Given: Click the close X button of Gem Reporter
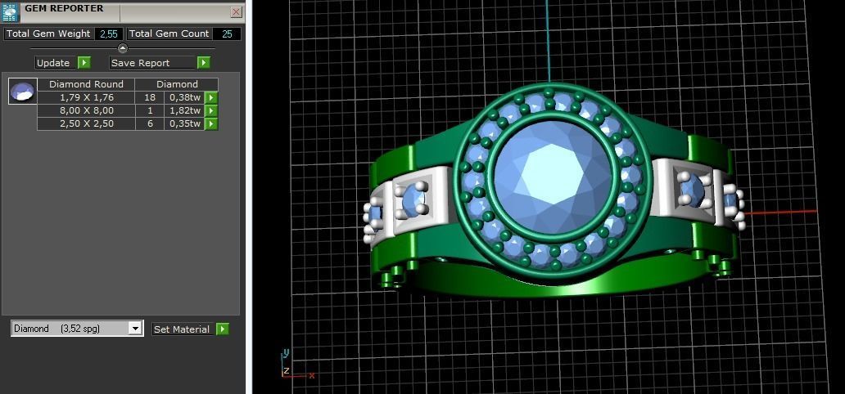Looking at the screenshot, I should [236, 12].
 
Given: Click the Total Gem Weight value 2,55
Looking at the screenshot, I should [109, 34].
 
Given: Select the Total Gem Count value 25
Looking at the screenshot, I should [227, 34].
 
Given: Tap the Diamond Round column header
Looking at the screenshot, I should [86, 84].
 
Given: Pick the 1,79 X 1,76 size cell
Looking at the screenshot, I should [86, 97].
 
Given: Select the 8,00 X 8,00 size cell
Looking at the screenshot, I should [86, 110].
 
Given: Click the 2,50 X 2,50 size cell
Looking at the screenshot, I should [86, 123].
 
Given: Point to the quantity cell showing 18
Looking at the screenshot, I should [150, 97].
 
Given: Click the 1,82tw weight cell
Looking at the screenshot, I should [185, 110].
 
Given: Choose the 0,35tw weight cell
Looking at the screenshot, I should [185, 123].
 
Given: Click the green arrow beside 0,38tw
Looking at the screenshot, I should [211, 97].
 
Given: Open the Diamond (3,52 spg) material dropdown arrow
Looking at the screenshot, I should [135, 329].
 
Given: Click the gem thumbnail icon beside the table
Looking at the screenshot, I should [23, 91].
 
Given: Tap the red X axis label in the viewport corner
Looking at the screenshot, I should [312, 375].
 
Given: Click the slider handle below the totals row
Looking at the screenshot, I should [123, 48].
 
